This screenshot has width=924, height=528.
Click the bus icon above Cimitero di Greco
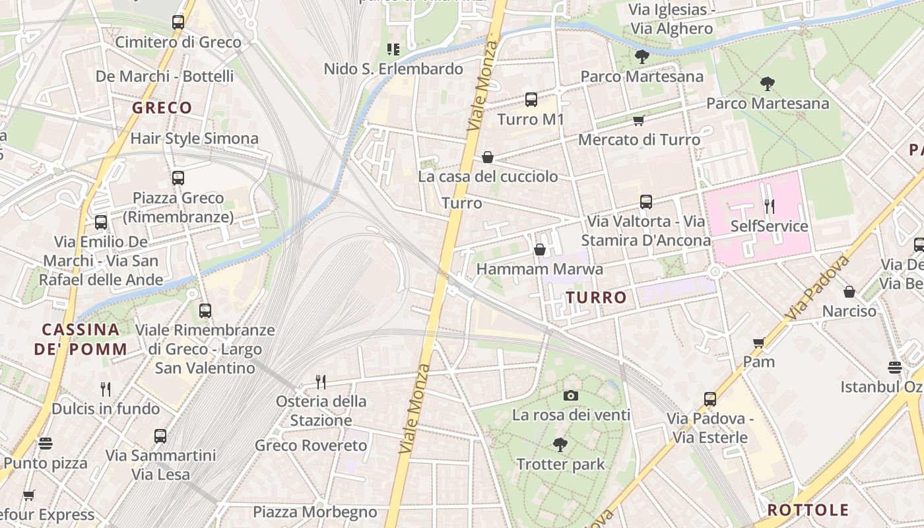[x=178, y=22]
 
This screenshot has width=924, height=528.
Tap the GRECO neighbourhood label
[x=162, y=108]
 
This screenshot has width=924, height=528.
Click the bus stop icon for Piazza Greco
[x=178, y=178]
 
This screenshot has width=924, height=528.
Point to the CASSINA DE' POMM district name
[x=81, y=339]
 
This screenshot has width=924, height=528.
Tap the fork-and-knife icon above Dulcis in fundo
[x=106, y=389]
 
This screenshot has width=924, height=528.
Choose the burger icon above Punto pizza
[x=45, y=443]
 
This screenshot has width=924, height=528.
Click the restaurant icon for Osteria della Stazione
[x=321, y=381]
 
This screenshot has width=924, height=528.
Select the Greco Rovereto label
[x=311, y=445]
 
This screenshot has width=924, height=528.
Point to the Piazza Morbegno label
[x=315, y=512]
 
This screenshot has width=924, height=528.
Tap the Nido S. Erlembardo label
[x=393, y=69]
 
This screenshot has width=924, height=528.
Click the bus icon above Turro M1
[x=531, y=100]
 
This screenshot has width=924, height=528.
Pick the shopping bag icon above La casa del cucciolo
[x=488, y=157]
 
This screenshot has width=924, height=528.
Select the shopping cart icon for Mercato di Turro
[x=638, y=120]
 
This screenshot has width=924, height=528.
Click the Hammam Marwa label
[x=539, y=269]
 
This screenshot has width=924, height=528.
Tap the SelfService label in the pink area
[x=769, y=226]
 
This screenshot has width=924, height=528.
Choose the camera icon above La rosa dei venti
[x=571, y=395]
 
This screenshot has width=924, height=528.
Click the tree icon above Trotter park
[x=560, y=445]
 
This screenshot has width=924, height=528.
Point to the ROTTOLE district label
[x=808, y=510]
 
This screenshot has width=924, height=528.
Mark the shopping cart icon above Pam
[x=759, y=342]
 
